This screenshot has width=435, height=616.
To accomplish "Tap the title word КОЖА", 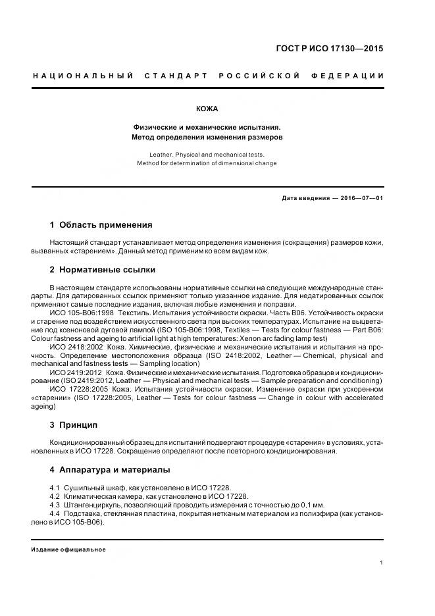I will click(207, 109).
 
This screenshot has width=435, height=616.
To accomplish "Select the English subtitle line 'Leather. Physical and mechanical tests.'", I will click(207, 155).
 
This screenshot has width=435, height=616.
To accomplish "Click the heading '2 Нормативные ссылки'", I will click(102, 270).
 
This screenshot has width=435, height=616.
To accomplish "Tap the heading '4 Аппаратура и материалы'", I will click(110, 470).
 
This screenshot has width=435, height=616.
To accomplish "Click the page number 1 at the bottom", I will click(382, 563).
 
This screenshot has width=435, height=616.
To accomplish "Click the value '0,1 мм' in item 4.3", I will click(309, 505).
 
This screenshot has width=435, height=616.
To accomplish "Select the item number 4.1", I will click(55, 488).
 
